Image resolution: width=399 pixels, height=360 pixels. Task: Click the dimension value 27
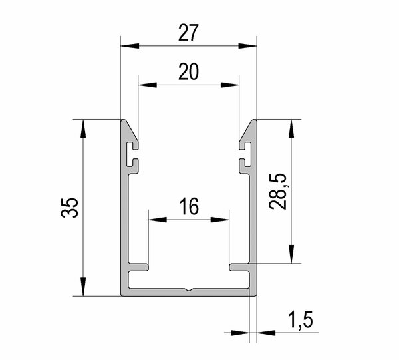188,33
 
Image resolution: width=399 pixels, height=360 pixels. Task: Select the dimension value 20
188,72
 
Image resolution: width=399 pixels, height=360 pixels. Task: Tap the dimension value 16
189,206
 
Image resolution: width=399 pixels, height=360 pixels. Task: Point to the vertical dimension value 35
69,207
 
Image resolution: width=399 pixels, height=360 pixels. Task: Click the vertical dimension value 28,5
277,191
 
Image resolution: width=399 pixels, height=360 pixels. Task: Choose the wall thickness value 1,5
301,320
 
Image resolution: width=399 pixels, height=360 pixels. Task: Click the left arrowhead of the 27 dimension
130,46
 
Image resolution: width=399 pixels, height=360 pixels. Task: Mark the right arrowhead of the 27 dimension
247,46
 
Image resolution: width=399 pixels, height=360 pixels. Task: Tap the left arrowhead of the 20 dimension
148,85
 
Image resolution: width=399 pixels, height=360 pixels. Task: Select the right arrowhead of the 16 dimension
220,220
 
